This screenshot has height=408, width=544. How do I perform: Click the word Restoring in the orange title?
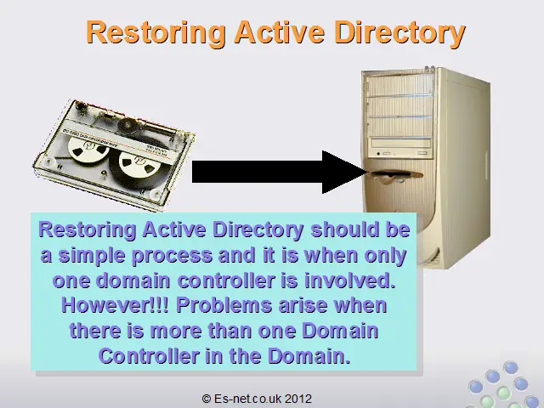[156, 32]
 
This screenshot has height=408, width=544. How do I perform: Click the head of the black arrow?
[344, 172]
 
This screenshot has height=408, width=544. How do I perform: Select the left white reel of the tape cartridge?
[88, 150]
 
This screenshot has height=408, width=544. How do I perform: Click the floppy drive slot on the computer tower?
[395, 174]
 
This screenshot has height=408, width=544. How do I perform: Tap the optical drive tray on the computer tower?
[400, 143]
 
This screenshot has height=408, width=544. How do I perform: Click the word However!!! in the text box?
[116, 305]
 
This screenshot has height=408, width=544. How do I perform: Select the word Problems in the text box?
[224, 305]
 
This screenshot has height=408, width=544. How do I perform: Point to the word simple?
[92, 256]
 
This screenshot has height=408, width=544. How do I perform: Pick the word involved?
[350, 280]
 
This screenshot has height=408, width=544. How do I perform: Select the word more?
[176, 331]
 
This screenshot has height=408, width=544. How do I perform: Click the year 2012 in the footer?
[298, 399]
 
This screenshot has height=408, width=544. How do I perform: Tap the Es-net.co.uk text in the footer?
[247, 399]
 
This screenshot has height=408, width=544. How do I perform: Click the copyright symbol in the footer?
[207, 399]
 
